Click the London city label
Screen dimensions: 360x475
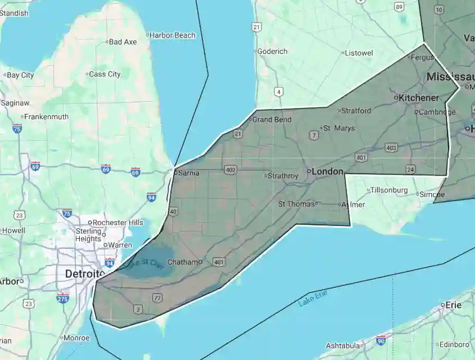pos(327,171)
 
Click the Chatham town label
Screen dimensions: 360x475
pos(184,262)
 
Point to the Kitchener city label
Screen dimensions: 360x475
pos(418,98)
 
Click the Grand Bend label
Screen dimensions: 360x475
pos(272,120)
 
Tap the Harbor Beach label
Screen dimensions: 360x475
pos(173,35)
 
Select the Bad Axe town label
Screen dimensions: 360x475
pos(123,42)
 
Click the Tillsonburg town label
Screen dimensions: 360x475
pos(388,190)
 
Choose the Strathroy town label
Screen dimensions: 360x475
pos(283,176)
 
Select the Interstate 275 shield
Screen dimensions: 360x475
pos(63,298)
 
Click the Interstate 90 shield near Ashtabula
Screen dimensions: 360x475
pos(381,340)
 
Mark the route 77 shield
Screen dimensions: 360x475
pos(157,297)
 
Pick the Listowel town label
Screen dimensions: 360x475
pos(359,53)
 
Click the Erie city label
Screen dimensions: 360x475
pos(453,305)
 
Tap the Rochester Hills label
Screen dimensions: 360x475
pos(118,222)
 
